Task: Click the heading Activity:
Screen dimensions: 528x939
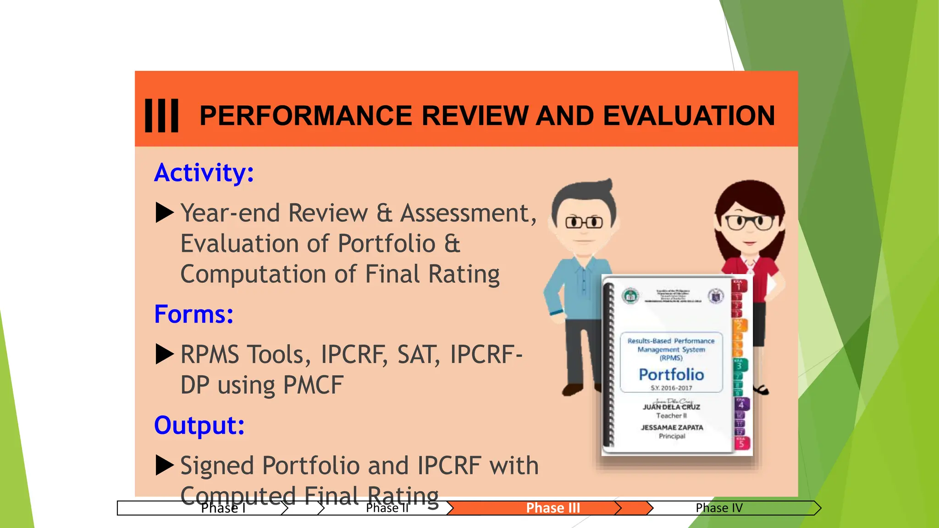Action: click(x=204, y=173)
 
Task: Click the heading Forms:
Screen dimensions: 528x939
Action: click(x=193, y=314)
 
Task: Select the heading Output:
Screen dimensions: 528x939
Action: click(x=199, y=425)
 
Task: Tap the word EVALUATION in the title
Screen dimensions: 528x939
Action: click(x=689, y=115)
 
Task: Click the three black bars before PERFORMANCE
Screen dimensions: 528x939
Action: click(x=161, y=115)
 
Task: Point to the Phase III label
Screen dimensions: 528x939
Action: click(x=553, y=508)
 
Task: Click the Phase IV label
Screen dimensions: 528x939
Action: click(x=719, y=508)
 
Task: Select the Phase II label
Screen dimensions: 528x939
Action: click(x=387, y=508)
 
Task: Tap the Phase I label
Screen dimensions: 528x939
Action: click(x=223, y=508)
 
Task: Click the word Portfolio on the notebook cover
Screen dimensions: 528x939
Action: click(x=671, y=374)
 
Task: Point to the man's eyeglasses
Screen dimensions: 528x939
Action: click(x=584, y=223)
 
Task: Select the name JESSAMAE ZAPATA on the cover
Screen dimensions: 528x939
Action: click(x=672, y=427)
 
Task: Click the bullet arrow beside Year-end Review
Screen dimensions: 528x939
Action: click(x=165, y=213)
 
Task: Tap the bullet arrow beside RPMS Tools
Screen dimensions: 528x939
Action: click(x=165, y=354)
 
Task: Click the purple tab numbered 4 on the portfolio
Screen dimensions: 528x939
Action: click(x=741, y=404)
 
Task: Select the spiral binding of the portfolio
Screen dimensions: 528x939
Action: click(x=609, y=364)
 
